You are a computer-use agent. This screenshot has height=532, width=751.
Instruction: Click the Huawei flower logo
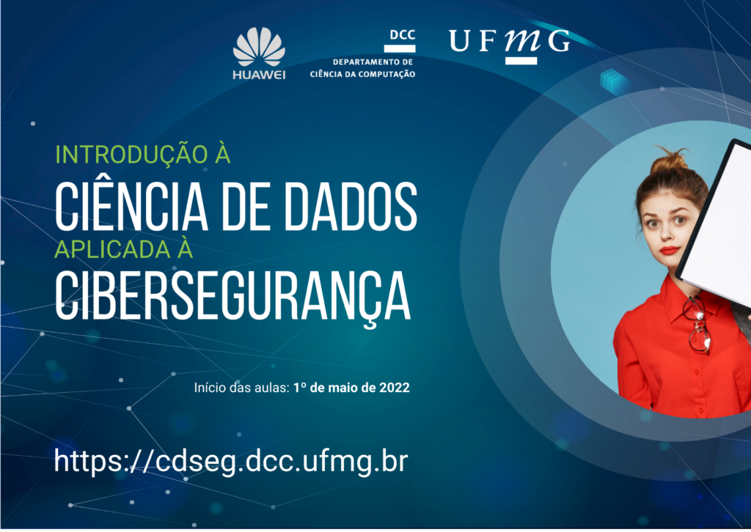259,46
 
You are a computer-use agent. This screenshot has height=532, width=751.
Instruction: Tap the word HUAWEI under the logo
259,75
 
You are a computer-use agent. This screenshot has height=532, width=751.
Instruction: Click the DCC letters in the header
403,35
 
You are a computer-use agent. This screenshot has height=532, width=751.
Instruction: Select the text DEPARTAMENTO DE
373,62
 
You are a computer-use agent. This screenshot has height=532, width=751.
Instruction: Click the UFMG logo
509,44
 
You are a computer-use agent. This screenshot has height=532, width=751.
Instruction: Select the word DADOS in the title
351,207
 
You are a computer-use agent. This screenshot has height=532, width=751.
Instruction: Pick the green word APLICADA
112,249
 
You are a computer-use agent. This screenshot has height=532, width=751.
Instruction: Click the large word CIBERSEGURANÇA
232,295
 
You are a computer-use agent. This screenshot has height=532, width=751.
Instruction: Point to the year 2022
395,388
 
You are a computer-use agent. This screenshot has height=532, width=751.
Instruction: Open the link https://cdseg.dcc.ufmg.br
231,461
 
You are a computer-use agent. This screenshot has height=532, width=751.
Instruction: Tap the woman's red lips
669,250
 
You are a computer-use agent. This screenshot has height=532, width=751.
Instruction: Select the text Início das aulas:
242,388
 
